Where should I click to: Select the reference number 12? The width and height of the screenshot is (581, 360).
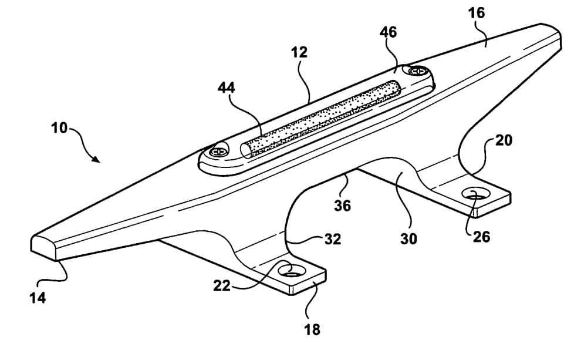point(299,52)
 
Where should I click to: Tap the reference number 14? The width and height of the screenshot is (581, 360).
point(39,297)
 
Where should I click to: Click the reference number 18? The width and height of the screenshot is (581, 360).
point(313,329)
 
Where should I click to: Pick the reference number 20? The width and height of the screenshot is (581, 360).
point(504,141)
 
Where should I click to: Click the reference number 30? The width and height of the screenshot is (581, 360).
point(409,240)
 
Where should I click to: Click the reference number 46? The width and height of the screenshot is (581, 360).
point(389,32)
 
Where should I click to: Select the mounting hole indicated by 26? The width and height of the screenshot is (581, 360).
point(475,194)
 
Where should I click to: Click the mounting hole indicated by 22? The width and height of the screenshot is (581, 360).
point(292,271)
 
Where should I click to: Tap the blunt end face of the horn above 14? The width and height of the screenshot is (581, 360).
point(43,247)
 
